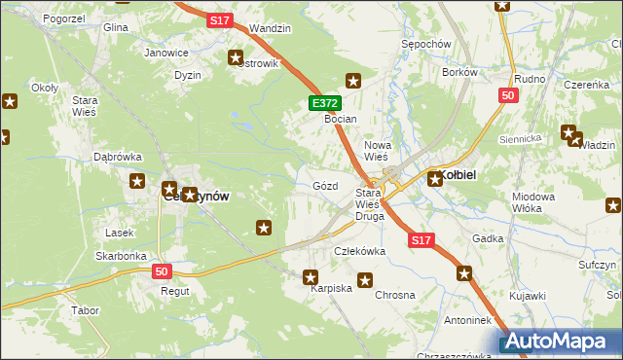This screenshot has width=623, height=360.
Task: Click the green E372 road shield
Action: [x=325, y=102]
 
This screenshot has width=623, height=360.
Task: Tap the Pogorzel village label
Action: [x=38, y=18]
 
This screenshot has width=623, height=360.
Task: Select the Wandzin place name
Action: [x=270, y=29]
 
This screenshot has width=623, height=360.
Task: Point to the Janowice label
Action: [x=165, y=53]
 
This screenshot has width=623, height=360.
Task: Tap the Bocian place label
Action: [x=341, y=119]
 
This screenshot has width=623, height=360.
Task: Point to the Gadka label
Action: [x=488, y=238]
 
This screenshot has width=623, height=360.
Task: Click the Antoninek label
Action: [x=468, y=319]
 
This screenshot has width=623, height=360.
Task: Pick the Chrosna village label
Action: [x=395, y=295]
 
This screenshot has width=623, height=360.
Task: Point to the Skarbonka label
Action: [x=121, y=256]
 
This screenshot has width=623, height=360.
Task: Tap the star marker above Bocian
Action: [x=353, y=82]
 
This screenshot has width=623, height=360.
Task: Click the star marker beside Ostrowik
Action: [x=235, y=58]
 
